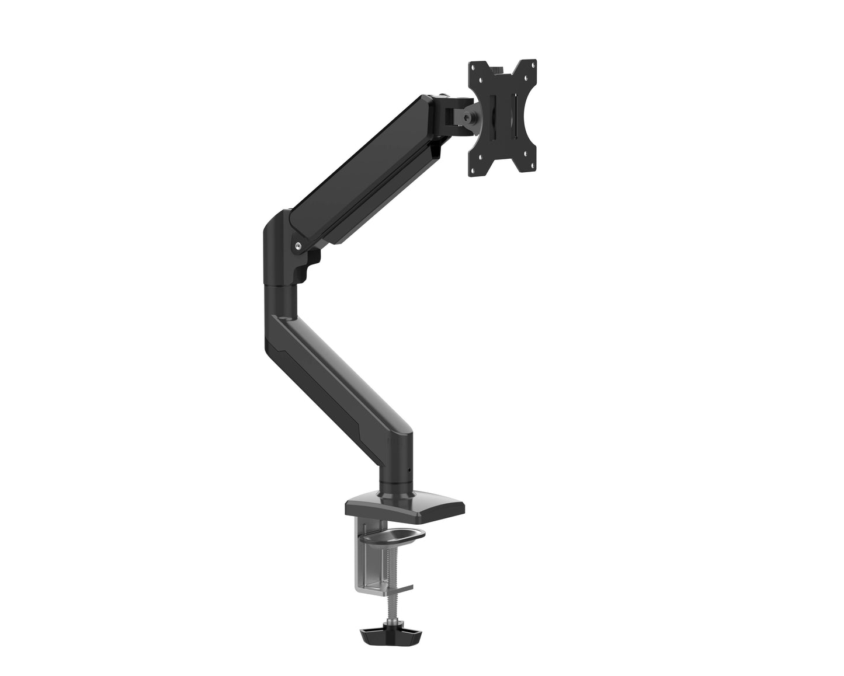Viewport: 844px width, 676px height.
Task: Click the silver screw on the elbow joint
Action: [298, 246]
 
